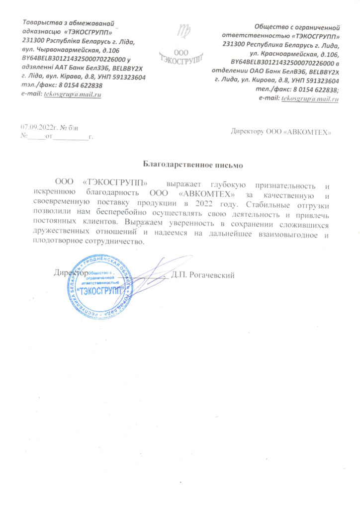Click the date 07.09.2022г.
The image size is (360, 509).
(x=36, y=128)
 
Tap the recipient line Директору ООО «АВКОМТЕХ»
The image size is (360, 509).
(x=281, y=132)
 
